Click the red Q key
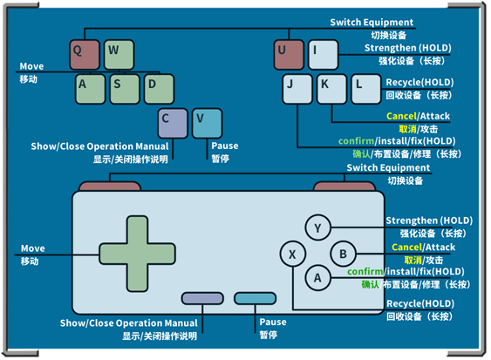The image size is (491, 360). pyautogui.click(x=85, y=54)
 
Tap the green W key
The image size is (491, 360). pyautogui.click(x=119, y=54)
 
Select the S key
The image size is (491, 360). pyautogui.click(x=125, y=89)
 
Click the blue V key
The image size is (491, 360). pyautogui.click(x=208, y=123)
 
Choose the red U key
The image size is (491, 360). pyautogui.click(x=289, y=54)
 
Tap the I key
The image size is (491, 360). pyautogui.click(x=324, y=54)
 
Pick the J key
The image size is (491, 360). pyautogui.click(x=297, y=89)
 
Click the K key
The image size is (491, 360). pyautogui.click(x=332, y=89)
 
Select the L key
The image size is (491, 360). pyautogui.click(x=366, y=89)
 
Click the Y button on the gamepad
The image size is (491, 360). pyautogui.click(x=317, y=228)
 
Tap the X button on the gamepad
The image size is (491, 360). pyautogui.click(x=293, y=254)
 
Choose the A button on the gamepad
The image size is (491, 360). pyautogui.click(x=317, y=278)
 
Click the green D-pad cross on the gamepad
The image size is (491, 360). pyautogui.click(x=137, y=254)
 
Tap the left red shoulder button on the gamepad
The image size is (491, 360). pyautogui.click(x=110, y=186)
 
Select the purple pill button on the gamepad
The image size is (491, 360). pyautogui.click(x=202, y=298)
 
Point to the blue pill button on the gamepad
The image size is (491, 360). pyautogui.click(x=256, y=298)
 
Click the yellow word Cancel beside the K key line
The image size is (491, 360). pyautogui.click(x=401, y=116)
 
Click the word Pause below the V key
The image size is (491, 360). pyautogui.click(x=225, y=146)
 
